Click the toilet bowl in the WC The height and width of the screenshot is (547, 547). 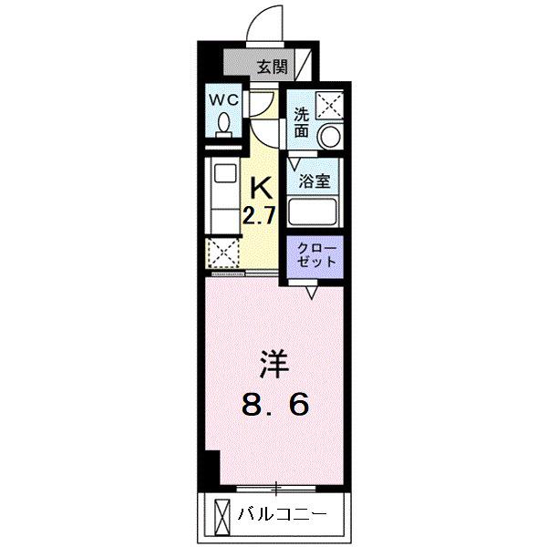point(224,123)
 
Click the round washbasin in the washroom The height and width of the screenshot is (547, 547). point(329,138)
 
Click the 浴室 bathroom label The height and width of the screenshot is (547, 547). point(315,181)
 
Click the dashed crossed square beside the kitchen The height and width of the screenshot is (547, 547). point(223,252)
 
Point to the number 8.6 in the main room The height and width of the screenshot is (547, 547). point(274,403)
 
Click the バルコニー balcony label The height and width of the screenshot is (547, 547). point(281,514)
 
